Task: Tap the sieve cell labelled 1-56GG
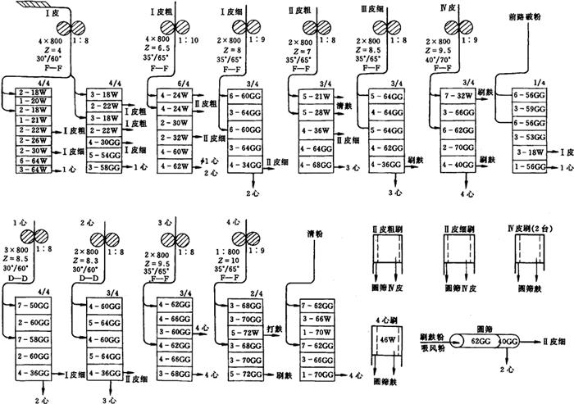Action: click(x=531, y=166)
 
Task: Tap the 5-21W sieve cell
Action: click(x=314, y=97)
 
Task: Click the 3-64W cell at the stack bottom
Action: click(x=34, y=170)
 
